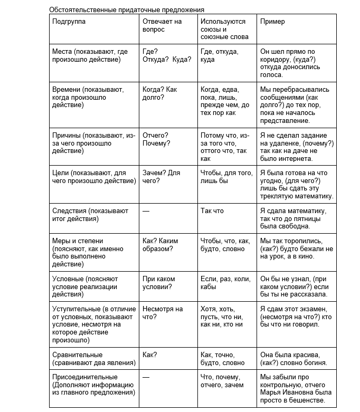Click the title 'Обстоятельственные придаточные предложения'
(127, 9)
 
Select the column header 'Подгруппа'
(69, 22)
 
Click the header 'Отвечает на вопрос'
(162, 25)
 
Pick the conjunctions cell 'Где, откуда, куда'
(220, 56)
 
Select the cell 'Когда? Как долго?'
(160, 93)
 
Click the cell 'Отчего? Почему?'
(156, 139)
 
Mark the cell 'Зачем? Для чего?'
(162, 177)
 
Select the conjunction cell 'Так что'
(212, 211)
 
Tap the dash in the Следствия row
(146, 211)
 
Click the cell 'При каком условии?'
(158, 283)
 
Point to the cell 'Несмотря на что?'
(163, 313)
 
